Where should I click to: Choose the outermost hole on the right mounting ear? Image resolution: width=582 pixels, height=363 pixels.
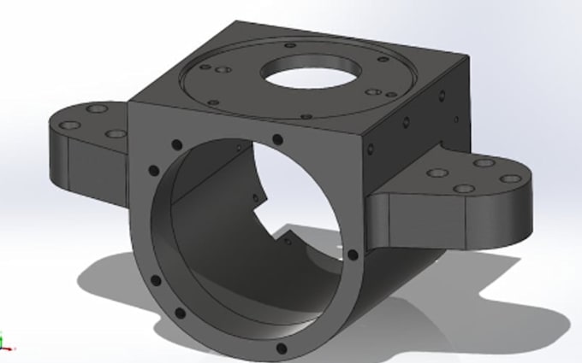510,179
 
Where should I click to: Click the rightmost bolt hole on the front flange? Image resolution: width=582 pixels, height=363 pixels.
353,254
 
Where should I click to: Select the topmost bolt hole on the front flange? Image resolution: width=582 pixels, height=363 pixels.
276,140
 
